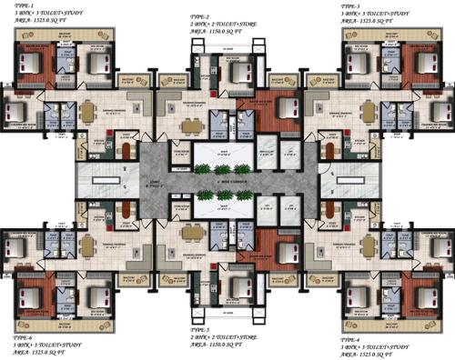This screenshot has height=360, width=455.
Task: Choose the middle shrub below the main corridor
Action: pyautogui.click(x=227, y=203)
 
